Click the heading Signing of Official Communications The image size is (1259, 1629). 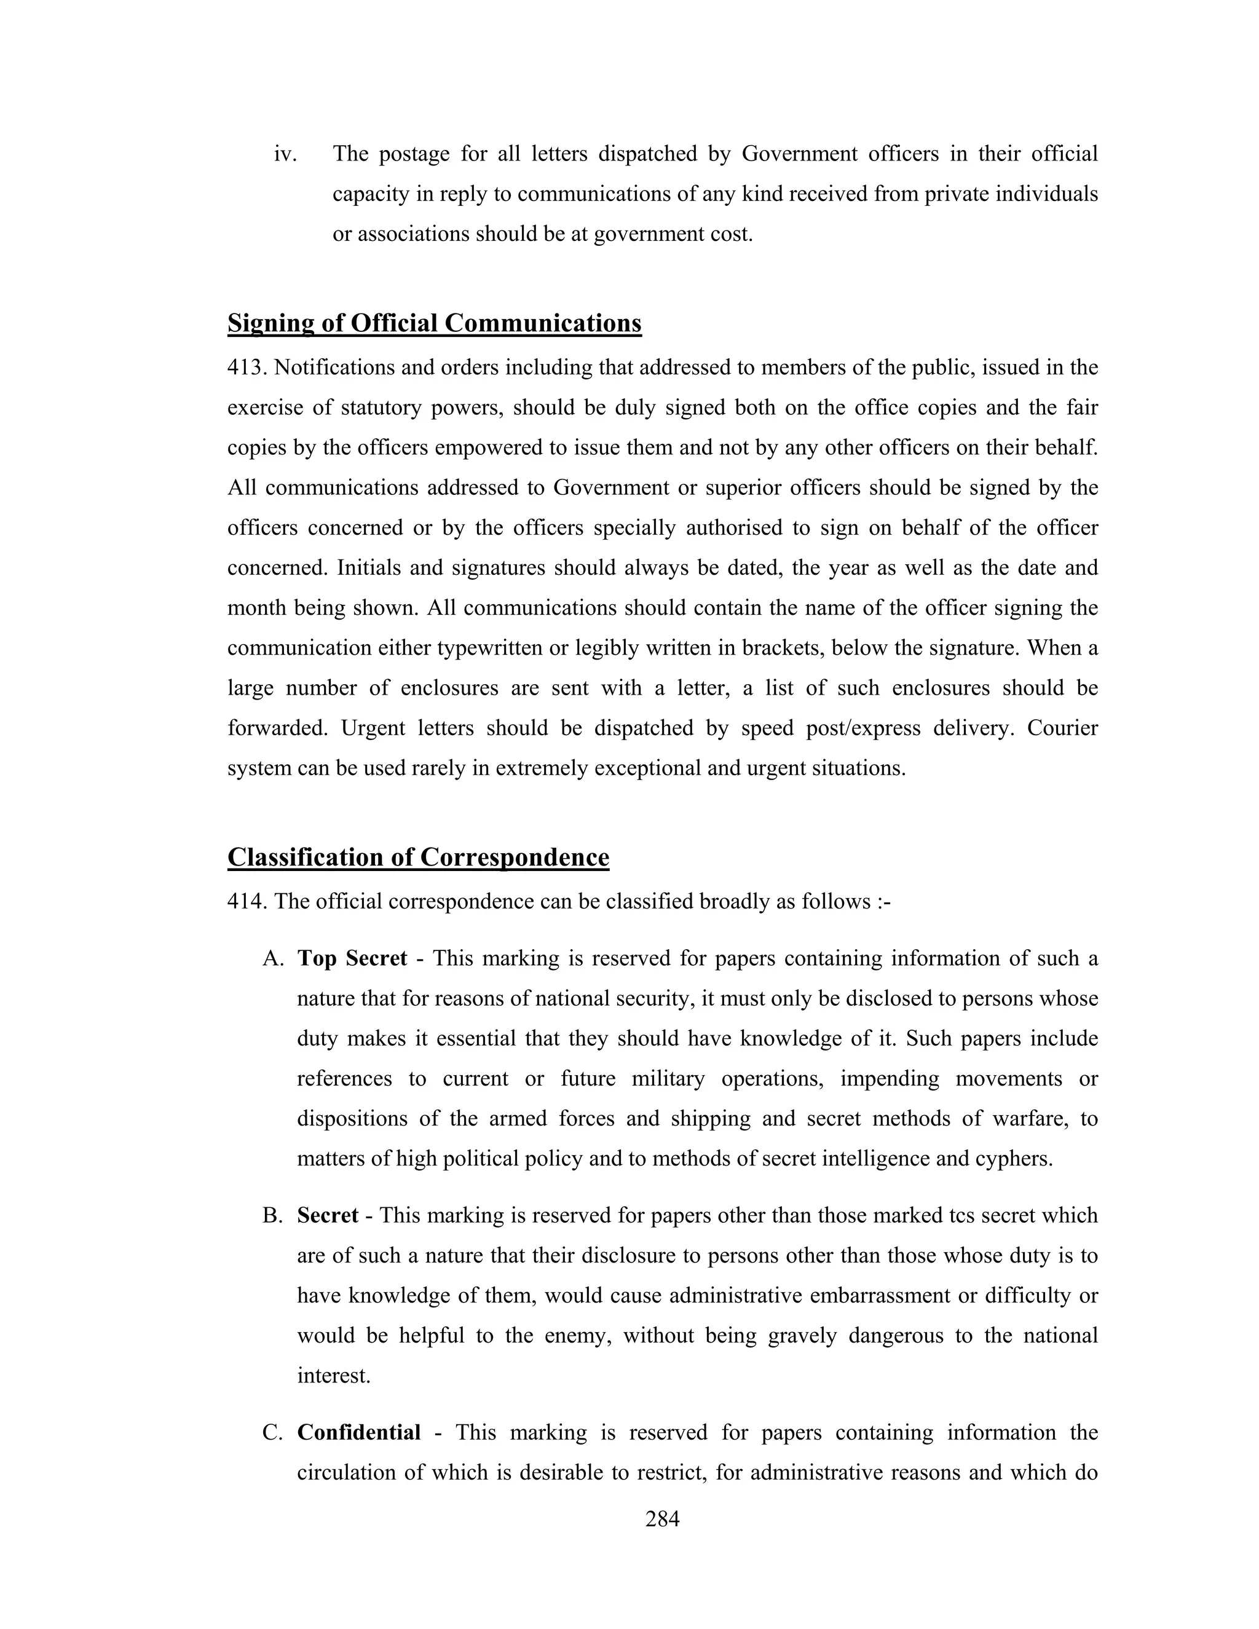coord(434,323)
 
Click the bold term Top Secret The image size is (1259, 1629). coord(352,958)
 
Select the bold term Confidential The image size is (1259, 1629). coord(359,1433)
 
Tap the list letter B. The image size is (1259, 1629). coord(272,1216)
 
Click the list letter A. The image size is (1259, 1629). coord(272,958)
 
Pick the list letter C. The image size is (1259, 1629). coord(272,1433)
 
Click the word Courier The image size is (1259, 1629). coord(1062,728)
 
